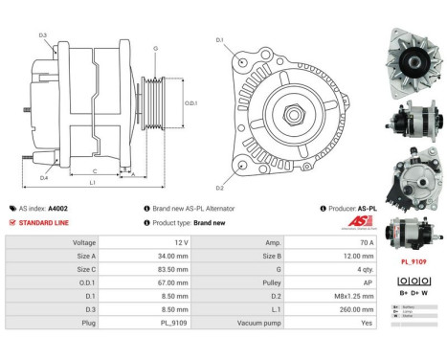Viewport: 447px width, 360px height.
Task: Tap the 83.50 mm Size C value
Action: coord(167,270)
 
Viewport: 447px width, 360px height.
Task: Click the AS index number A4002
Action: coord(58,208)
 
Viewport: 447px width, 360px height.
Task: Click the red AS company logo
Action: coord(359,222)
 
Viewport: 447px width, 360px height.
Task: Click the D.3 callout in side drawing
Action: coord(43,35)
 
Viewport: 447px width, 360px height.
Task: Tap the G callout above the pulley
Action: coord(155,47)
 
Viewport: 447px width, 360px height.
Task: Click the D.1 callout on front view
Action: coord(218,40)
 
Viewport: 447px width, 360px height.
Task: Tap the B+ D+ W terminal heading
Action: coord(413,292)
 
